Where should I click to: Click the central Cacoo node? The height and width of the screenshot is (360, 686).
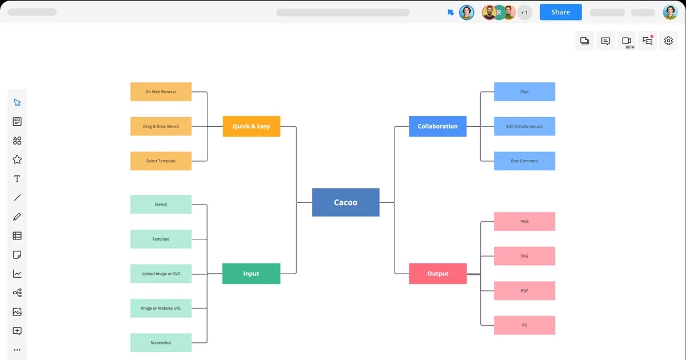click(x=345, y=202)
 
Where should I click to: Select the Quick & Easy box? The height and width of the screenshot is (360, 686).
click(x=252, y=126)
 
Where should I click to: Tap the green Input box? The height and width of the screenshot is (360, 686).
click(x=251, y=274)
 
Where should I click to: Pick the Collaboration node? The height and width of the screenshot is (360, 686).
click(x=437, y=126)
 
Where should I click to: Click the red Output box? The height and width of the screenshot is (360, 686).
click(x=438, y=274)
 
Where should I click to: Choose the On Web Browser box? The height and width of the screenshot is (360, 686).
click(x=161, y=92)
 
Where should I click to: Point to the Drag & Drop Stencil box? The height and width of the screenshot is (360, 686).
click(x=161, y=126)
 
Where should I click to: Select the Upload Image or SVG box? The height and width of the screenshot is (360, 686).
click(x=161, y=274)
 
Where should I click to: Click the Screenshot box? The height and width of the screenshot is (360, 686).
click(x=161, y=343)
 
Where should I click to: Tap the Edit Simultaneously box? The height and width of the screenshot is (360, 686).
click(x=524, y=126)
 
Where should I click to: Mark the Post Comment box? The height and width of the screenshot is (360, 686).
click(x=524, y=161)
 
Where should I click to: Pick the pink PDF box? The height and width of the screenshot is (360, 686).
click(x=524, y=291)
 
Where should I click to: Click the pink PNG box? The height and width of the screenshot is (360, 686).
click(x=524, y=221)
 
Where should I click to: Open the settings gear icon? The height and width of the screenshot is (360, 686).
click(x=668, y=41)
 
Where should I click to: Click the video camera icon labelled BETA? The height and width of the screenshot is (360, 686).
click(x=627, y=41)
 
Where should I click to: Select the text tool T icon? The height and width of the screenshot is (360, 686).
click(x=17, y=179)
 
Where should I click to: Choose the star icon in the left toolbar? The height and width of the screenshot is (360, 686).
click(x=17, y=160)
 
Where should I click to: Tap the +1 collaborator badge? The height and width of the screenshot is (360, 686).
click(x=524, y=12)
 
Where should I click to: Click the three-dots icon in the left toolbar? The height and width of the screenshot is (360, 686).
click(x=17, y=350)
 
